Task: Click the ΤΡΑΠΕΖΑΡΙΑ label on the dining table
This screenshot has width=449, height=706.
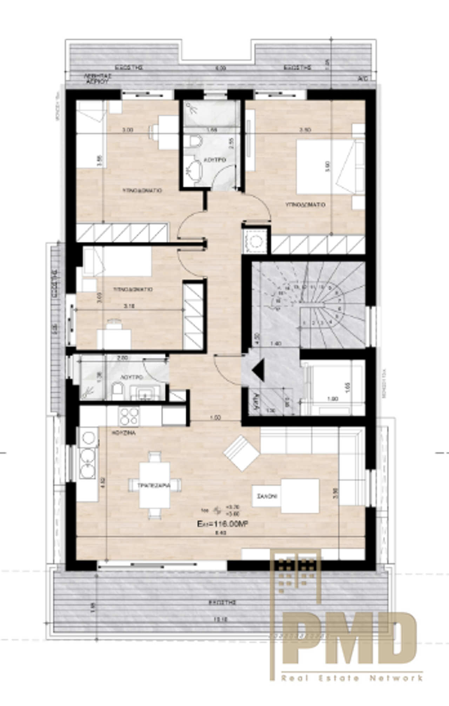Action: [x=154, y=486]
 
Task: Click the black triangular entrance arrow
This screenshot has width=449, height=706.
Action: [x=260, y=370]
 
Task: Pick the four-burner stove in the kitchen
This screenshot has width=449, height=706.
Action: [x=129, y=416]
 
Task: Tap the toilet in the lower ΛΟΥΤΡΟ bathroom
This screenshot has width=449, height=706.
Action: [x=117, y=391]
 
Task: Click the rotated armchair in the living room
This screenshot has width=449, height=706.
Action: [x=241, y=452]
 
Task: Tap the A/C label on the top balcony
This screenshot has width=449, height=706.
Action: [x=363, y=79]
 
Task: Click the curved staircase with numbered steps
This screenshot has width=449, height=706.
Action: [x=323, y=301]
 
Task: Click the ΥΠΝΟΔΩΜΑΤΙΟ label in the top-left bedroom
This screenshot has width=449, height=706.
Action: [x=142, y=191]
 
